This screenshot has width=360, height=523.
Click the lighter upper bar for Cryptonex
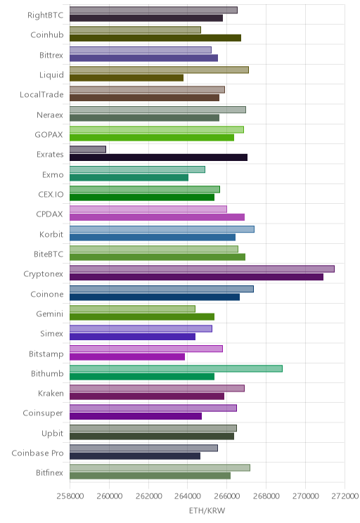tap(202, 269)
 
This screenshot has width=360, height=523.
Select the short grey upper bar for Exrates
tap(88, 149)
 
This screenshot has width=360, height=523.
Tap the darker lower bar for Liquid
tap(127, 78)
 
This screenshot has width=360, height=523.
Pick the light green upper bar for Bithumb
tap(176, 368)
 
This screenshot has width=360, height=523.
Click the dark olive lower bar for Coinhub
tap(155, 38)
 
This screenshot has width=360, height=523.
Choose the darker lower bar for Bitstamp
tap(127, 357)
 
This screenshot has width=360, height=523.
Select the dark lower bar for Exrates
tap(158, 157)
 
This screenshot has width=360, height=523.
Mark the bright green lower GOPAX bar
tap(152, 137)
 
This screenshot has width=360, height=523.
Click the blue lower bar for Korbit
tap(153, 237)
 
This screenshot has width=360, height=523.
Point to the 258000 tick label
tap(70, 496)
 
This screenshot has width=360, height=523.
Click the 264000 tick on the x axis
tap(188, 496)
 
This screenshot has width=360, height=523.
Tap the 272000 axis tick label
tap(345, 496)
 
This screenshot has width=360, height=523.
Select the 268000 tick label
tap(266, 496)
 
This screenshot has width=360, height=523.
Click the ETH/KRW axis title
tap(207, 510)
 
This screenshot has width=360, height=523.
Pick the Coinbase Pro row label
tap(37, 453)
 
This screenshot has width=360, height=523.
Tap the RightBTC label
tap(46, 15)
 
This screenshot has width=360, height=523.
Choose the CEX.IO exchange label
tap(51, 195)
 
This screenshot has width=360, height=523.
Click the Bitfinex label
tap(49, 472)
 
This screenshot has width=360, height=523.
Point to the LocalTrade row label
tap(41, 95)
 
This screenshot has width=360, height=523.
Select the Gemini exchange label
tap(50, 314)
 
